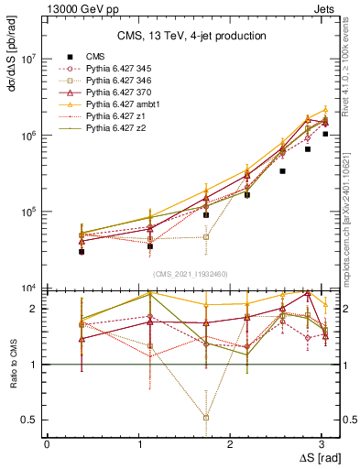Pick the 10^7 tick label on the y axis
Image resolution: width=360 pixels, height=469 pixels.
30,59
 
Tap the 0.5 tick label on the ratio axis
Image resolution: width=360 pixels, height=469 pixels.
29,420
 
